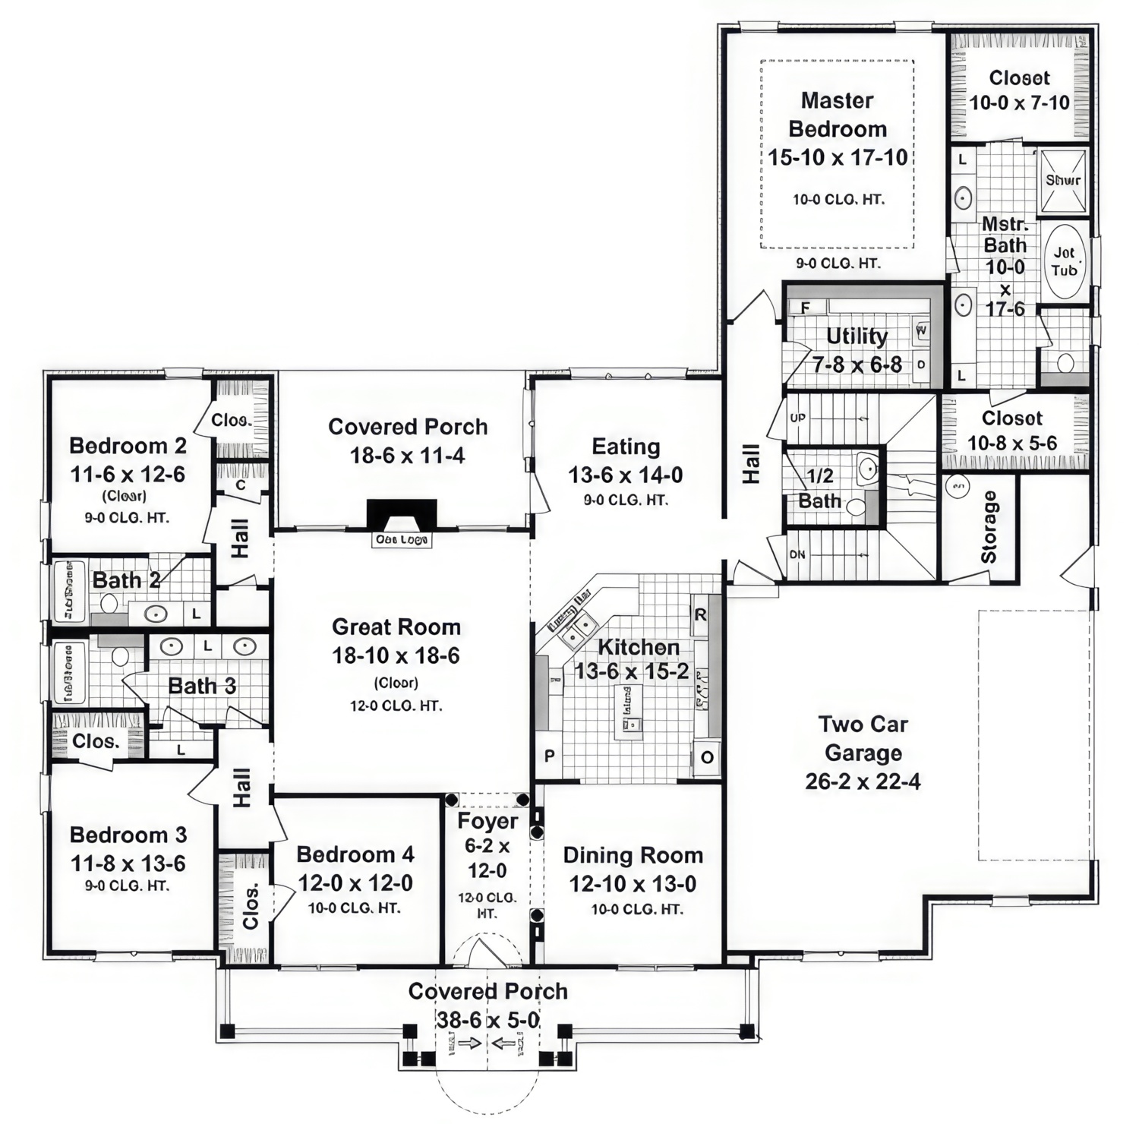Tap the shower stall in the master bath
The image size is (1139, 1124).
click(1062, 180)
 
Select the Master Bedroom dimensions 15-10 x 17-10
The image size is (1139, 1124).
click(838, 158)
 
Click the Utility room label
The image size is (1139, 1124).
click(857, 336)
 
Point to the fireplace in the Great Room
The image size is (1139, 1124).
click(402, 514)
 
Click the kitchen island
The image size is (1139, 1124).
click(629, 712)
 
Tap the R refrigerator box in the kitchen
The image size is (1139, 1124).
click(700, 615)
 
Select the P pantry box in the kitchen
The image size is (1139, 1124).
click(549, 756)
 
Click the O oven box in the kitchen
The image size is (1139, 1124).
click(707, 757)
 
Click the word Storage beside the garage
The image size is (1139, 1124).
click(989, 526)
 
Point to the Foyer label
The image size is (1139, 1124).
click(487, 821)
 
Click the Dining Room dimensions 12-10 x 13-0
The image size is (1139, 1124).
click(633, 884)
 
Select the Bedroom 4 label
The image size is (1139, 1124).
click(355, 854)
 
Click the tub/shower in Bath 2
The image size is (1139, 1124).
click(69, 590)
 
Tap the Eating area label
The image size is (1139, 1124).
click(626, 447)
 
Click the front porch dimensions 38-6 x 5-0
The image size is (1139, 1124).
click(487, 1020)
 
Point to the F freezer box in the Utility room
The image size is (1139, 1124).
click(805, 308)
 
